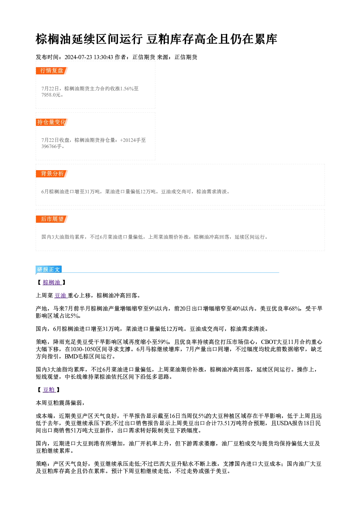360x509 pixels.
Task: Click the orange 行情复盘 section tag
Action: click(52, 71)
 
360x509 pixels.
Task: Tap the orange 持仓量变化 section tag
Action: click(52, 122)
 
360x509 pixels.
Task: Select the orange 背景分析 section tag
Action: click(52, 174)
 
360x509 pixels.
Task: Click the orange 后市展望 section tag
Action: click(52, 219)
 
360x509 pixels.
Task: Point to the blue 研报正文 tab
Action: click(49, 269)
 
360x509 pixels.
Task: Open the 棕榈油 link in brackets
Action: click(52, 283)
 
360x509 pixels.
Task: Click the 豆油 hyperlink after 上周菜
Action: click(61, 296)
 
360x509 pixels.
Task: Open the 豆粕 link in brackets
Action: click(49, 390)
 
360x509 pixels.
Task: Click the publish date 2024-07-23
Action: click(78, 57)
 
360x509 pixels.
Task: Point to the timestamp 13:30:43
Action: click(103, 57)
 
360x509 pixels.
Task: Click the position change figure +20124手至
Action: click(133, 140)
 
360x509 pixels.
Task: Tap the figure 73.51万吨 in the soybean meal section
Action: click(229, 423)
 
